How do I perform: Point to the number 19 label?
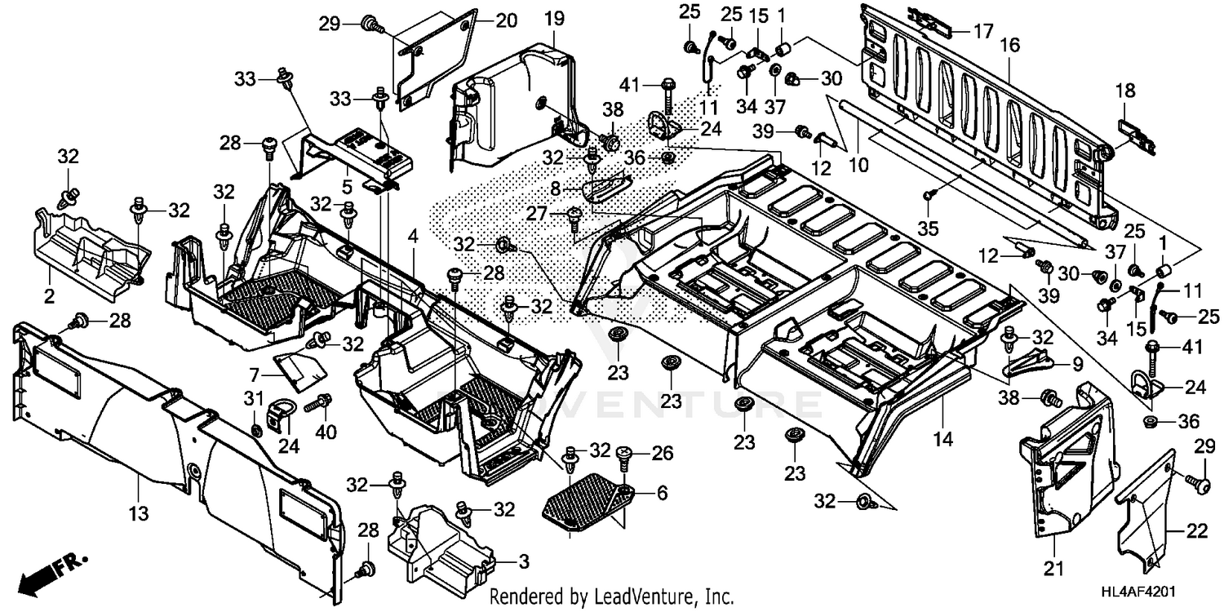(x=554, y=17)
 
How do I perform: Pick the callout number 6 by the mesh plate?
(x=661, y=493)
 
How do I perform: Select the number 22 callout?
(x=1196, y=531)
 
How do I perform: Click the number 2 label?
(x=49, y=296)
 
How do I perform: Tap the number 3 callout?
(x=523, y=562)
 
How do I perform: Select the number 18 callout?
(x=1125, y=91)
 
